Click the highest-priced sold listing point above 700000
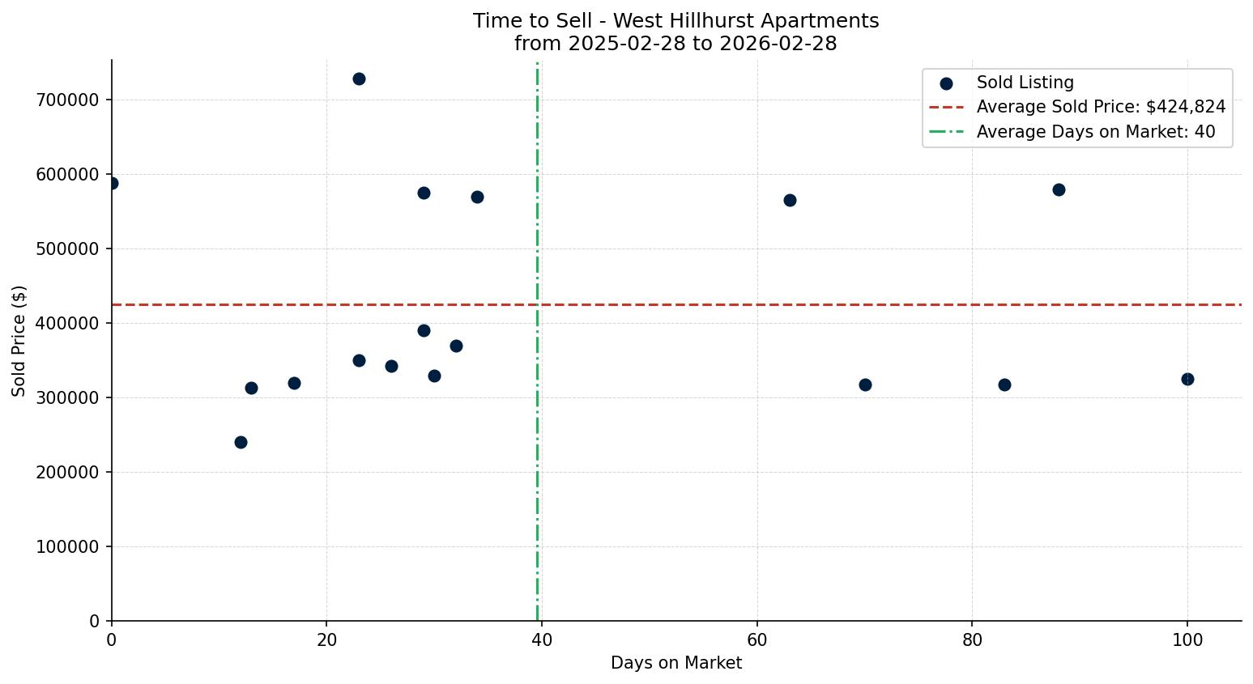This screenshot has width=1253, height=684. (359, 79)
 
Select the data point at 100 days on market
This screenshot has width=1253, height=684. (1187, 379)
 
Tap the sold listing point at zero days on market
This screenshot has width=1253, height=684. (112, 183)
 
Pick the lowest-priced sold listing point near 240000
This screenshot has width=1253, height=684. (241, 442)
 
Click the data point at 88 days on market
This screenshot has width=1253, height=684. (1059, 189)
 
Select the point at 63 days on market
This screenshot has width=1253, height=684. (790, 200)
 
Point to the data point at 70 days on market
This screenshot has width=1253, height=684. (865, 384)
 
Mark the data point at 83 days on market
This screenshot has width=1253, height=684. (1004, 384)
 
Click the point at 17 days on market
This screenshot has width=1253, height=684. (294, 383)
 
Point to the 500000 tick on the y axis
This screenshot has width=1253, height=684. (67, 249)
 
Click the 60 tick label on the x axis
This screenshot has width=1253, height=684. (756, 639)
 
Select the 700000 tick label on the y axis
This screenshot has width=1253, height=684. (67, 100)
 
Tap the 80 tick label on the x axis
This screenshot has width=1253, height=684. (972, 639)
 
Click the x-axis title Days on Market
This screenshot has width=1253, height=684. (676, 663)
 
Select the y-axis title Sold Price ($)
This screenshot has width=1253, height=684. (19, 341)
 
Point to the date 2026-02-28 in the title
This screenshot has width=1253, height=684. (786, 44)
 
